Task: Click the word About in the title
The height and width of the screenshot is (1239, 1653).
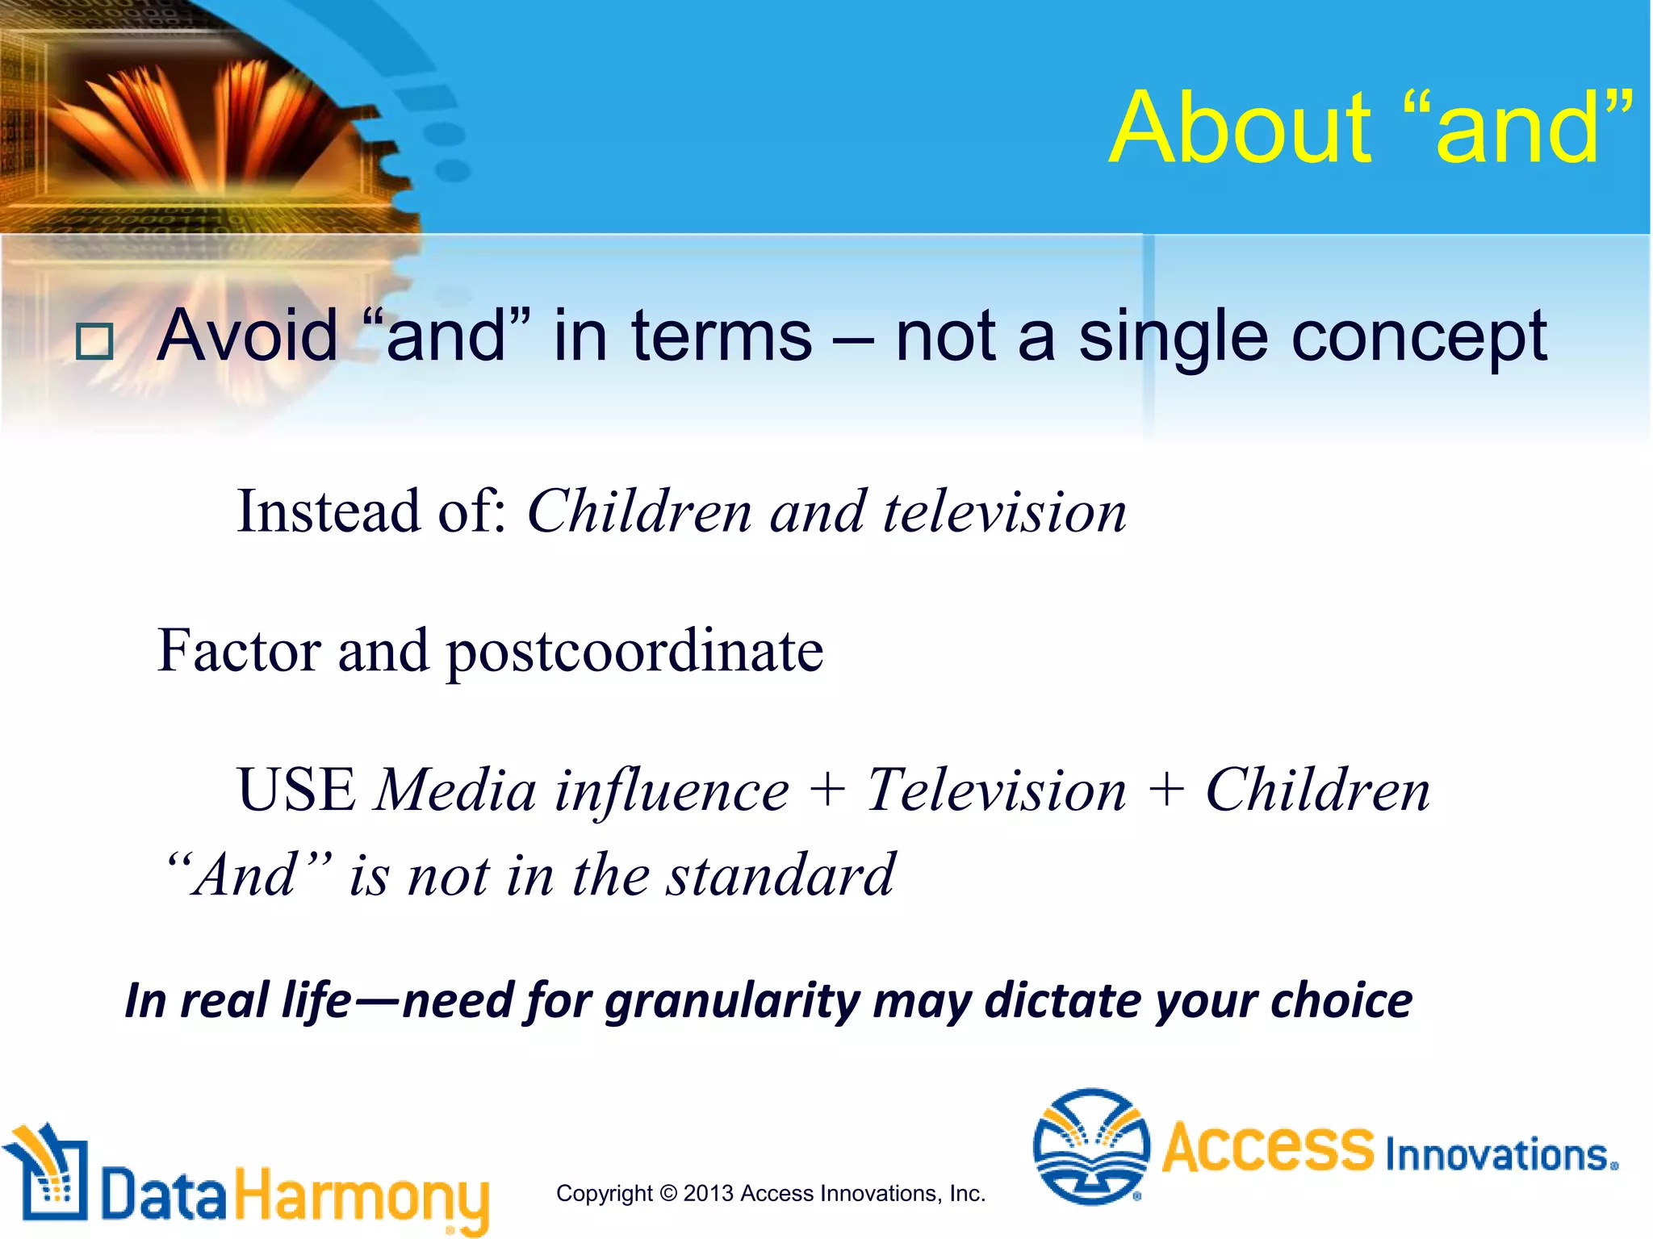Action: (x=1239, y=129)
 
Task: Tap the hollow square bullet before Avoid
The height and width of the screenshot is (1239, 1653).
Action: (x=94, y=342)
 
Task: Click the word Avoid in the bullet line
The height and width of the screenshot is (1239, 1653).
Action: (x=248, y=336)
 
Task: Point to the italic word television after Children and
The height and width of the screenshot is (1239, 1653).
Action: (x=1004, y=512)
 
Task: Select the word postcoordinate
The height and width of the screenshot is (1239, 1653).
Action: (x=634, y=652)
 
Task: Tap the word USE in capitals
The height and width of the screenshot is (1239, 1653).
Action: (x=296, y=790)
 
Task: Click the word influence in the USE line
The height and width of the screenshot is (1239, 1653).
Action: (x=672, y=790)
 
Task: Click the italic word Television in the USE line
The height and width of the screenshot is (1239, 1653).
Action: (x=996, y=790)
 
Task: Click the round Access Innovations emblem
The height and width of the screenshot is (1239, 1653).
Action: (x=1090, y=1146)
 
